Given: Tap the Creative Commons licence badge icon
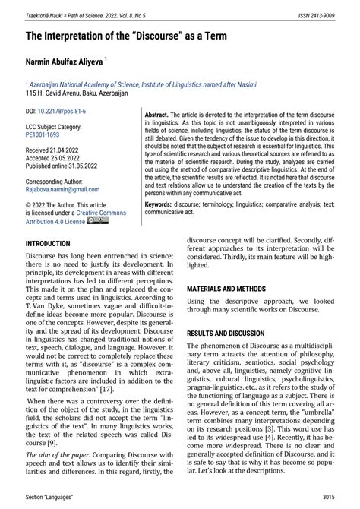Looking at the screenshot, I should tap(98, 221).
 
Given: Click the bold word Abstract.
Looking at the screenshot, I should tap(158, 111).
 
